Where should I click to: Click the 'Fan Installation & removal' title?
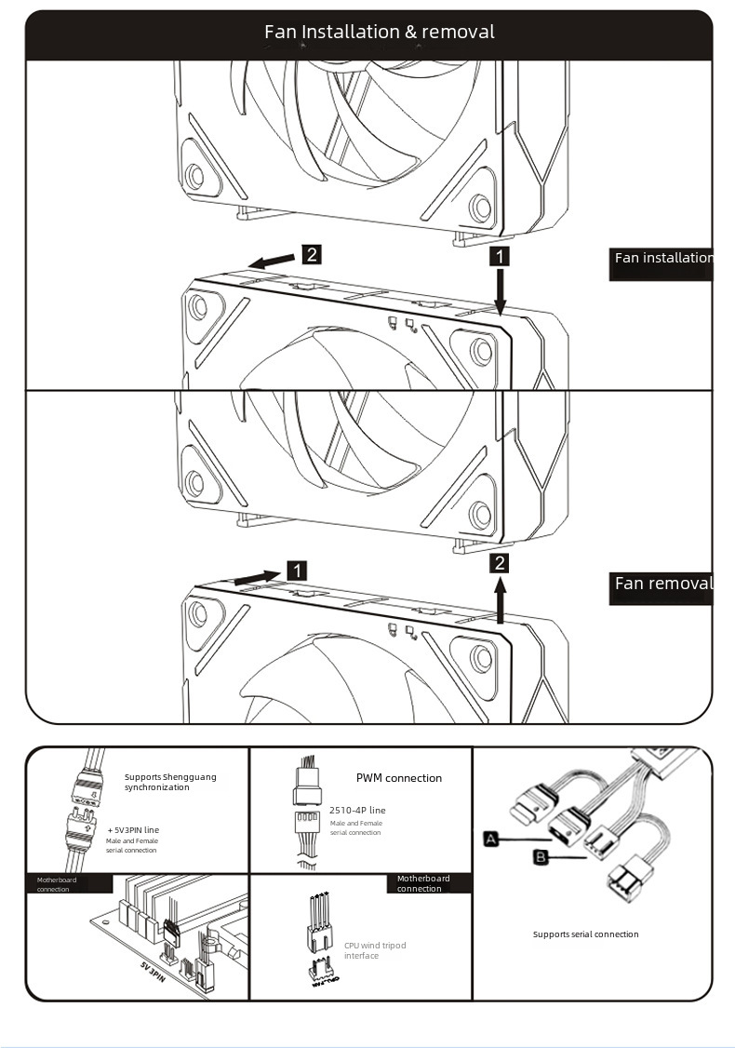tap(379, 33)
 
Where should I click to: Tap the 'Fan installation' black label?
tap(662, 259)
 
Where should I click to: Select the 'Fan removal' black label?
tap(662, 584)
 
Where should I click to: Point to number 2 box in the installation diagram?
tap(312, 254)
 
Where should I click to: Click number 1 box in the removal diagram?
tap(296, 571)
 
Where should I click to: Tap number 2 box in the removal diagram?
tap(501, 563)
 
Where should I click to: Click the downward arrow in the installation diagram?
tap(501, 292)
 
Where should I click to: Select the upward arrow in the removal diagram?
tap(501, 600)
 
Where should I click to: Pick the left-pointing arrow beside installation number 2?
tap(270, 262)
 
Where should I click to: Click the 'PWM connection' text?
tap(399, 778)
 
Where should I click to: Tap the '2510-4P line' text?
tap(357, 811)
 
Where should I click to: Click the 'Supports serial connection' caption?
tap(585, 934)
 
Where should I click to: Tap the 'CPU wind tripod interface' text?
tap(374, 950)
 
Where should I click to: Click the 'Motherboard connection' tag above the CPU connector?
tap(423, 883)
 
